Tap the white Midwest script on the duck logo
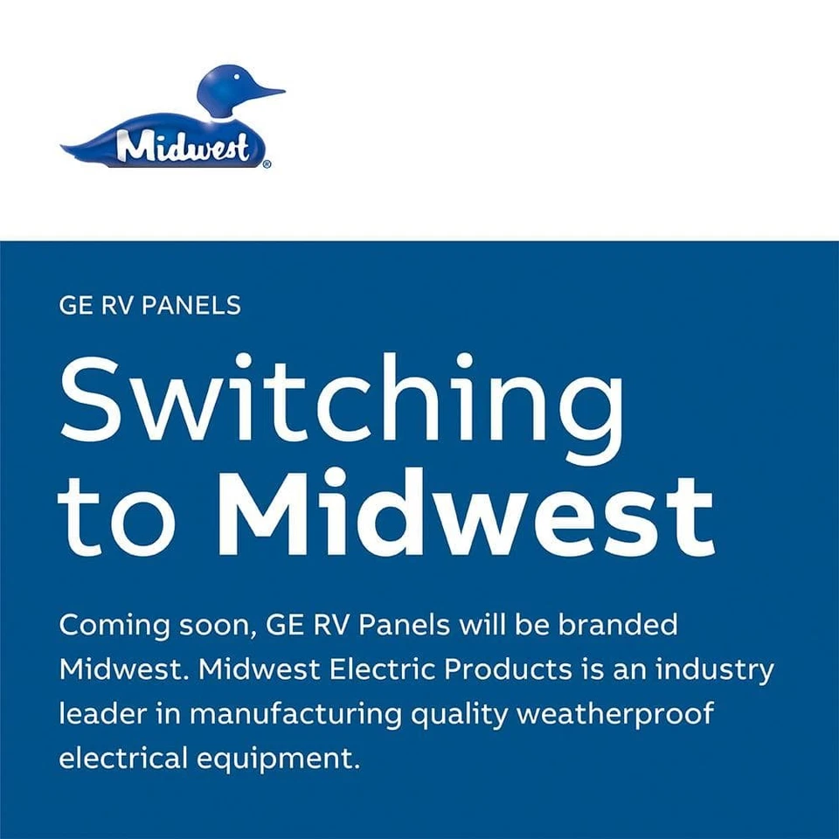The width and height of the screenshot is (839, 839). click(184, 147)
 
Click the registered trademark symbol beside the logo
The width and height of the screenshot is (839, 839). click(267, 163)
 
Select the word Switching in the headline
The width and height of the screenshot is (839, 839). click(342, 399)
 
